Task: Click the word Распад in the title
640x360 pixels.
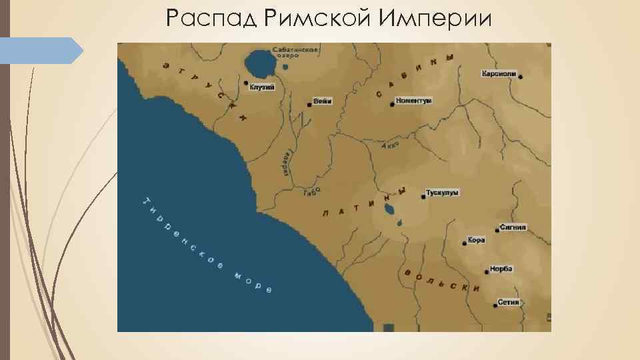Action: coord(211,18)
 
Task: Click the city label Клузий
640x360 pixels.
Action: coord(263,87)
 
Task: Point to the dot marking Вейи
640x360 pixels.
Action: coord(309,105)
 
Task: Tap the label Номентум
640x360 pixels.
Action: coord(414,101)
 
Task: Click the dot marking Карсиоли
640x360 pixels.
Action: coord(521,77)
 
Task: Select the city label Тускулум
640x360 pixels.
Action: coord(443,193)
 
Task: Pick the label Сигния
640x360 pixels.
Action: coord(515,227)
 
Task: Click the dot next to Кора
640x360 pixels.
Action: coord(464,243)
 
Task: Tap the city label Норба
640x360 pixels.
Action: coord(501,269)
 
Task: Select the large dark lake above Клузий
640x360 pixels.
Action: coord(259,65)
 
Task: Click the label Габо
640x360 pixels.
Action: coord(312,191)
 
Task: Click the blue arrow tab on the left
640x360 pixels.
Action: coord(41,51)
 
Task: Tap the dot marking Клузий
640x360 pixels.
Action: coord(246,83)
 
